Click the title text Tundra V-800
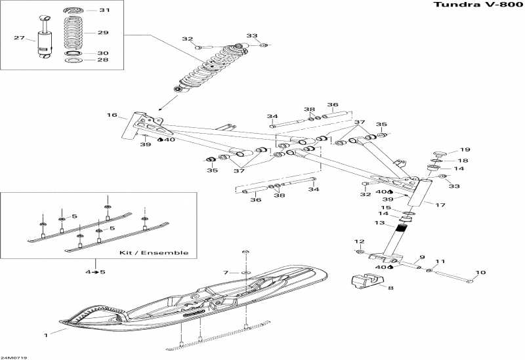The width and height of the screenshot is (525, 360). [x=478, y=5]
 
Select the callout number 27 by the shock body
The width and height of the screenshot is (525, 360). [x=19, y=38]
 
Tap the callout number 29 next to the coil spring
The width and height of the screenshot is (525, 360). [x=103, y=32]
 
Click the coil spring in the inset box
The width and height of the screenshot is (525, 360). [x=73, y=32]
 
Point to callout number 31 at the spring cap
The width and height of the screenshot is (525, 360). [x=104, y=10]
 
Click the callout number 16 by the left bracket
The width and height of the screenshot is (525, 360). [x=112, y=115]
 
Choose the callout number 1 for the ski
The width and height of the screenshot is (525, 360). [x=46, y=335]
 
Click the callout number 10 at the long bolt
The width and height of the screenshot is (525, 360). [x=480, y=273]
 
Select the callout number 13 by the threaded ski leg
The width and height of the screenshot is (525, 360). [x=380, y=223]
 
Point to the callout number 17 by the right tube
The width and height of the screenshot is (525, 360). [x=440, y=205]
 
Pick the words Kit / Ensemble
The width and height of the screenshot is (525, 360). [x=154, y=252]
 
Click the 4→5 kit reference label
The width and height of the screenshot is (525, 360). [x=95, y=272]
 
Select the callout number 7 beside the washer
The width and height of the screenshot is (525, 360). [x=226, y=273]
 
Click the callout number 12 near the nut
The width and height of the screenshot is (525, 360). [x=359, y=241]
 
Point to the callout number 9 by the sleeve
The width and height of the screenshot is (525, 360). [x=422, y=257]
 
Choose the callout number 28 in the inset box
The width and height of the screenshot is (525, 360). [x=103, y=60]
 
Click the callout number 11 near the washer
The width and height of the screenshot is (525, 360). [x=440, y=261]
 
